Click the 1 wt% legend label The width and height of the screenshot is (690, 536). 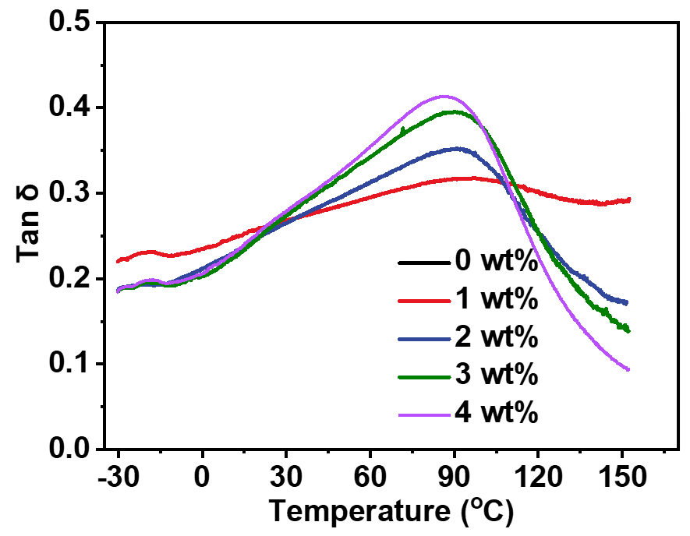[497, 299]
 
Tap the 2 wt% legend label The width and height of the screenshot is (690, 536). [497, 337]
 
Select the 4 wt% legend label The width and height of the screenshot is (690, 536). [497, 412]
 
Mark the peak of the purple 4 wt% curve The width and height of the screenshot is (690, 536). [444, 97]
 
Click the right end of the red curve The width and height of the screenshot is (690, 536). [629, 200]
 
